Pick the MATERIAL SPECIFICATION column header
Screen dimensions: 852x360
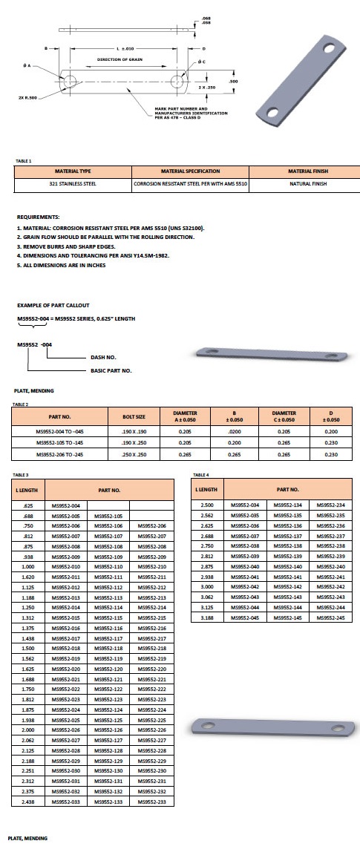[190, 171]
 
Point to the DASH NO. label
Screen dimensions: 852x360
[103, 357]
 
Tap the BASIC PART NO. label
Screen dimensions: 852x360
[111, 370]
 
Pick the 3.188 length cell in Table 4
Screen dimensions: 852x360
[208, 618]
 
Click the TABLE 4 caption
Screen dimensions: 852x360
[200, 474]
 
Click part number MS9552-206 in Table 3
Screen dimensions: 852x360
[151, 525]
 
